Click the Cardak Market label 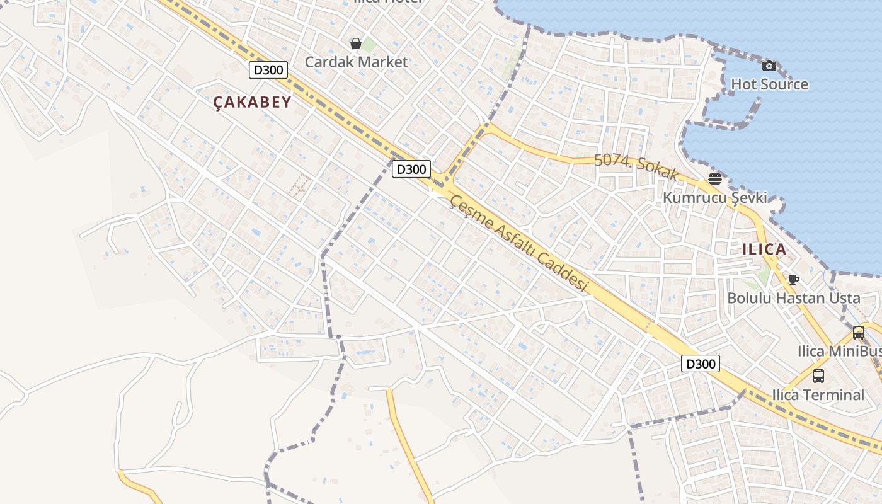pyautogui.click(x=356, y=62)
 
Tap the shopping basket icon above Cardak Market pyautogui.click(x=356, y=43)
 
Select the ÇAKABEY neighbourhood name pyautogui.click(x=252, y=102)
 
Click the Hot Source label pyautogui.click(x=769, y=84)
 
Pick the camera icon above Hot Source pyautogui.click(x=769, y=66)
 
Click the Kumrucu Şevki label pyautogui.click(x=714, y=198)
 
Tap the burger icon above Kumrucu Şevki pyautogui.click(x=714, y=179)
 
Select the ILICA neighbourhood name pyautogui.click(x=764, y=249)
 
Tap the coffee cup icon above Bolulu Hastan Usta pyautogui.click(x=794, y=280)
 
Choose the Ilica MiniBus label pyautogui.click(x=839, y=351)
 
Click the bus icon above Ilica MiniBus pyautogui.click(x=858, y=333)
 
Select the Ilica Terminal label pyautogui.click(x=818, y=395)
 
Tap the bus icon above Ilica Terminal pyautogui.click(x=818, y=376)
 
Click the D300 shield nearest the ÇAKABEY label pyautogui.click(x=269, y=70)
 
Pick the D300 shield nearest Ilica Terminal pyautogui.click(x=700, y=364)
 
